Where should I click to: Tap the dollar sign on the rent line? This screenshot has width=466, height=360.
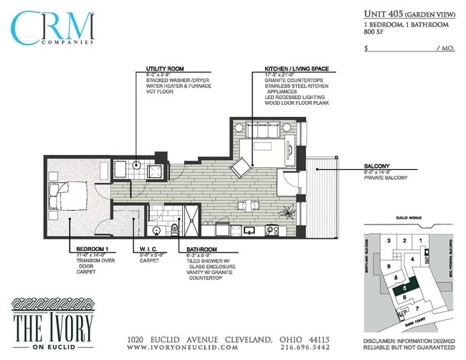click(366, 49)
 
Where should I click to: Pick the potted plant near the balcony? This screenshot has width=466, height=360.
click(289, 212)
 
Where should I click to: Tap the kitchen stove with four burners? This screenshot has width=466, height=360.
click(272, 230)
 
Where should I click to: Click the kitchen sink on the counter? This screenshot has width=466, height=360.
click(249, 230)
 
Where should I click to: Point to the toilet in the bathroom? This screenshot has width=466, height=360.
click(174, 229)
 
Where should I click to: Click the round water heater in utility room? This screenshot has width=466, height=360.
click(138, 165)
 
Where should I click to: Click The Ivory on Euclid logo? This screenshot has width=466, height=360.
click(52, 321)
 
